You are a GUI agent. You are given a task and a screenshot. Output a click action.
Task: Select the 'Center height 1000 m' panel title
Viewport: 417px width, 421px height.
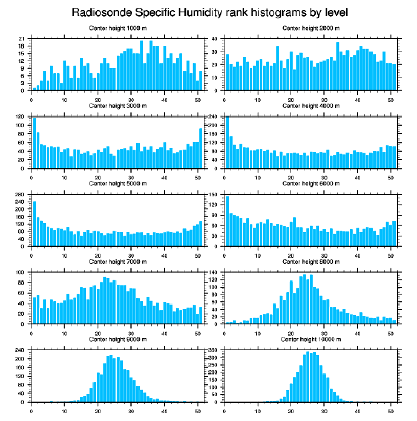118,28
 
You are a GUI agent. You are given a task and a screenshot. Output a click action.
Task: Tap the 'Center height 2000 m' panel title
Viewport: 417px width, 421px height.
311,28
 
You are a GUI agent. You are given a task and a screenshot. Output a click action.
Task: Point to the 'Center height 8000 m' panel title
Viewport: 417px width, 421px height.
311,262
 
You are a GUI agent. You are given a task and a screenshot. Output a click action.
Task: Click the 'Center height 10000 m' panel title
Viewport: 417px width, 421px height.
311,339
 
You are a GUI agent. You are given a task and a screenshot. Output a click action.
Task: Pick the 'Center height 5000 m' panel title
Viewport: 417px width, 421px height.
118,183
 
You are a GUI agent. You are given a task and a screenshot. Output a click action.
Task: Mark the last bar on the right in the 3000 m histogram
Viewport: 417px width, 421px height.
201,148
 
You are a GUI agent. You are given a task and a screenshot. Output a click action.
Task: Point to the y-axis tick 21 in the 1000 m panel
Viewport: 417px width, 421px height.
21,39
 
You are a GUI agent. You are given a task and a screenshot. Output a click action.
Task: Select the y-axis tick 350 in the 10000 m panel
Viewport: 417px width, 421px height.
213,350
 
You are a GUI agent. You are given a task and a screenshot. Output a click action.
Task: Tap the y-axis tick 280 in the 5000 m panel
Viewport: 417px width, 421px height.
20,195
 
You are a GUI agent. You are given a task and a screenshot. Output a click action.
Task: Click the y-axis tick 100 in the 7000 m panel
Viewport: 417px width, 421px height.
20,272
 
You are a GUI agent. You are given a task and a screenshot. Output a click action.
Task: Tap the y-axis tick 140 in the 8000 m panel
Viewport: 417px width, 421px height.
213,272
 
